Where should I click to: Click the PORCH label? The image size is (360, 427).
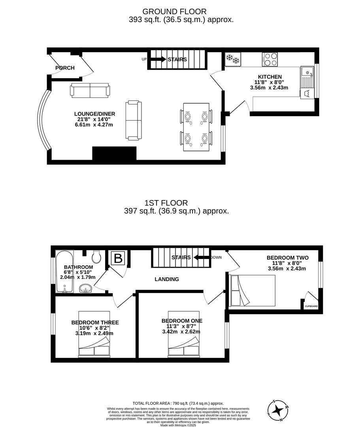[x=65, y=68]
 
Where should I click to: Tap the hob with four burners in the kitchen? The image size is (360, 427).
[x=270, y=59]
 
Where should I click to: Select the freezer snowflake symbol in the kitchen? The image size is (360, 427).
[x=233, y=59]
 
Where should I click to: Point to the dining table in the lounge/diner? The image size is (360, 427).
[x=196, y=127]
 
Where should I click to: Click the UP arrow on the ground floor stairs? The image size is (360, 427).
[x=158, y=59]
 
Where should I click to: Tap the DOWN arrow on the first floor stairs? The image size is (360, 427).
[x=202, y=257]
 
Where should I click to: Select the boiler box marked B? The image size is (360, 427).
[x=118, y=258]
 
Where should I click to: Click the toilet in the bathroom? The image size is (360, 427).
[x=96, y=256]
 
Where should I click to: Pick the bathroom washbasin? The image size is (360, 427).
[x=86, y=288]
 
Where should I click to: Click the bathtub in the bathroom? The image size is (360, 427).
[x=64, y=272]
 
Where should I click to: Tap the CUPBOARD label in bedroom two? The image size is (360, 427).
[x=311, y=306]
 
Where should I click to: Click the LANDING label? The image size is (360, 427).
[x=167, y=279]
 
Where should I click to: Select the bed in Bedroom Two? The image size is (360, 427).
[x=253, y=290]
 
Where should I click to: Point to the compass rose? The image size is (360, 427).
[x=277, y=410]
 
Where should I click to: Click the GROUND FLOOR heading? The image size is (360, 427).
[x=174, y=11]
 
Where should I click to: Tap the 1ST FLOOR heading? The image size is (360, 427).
[x=166, y=203]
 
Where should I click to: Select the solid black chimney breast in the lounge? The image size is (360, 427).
[x=114, y=153]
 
